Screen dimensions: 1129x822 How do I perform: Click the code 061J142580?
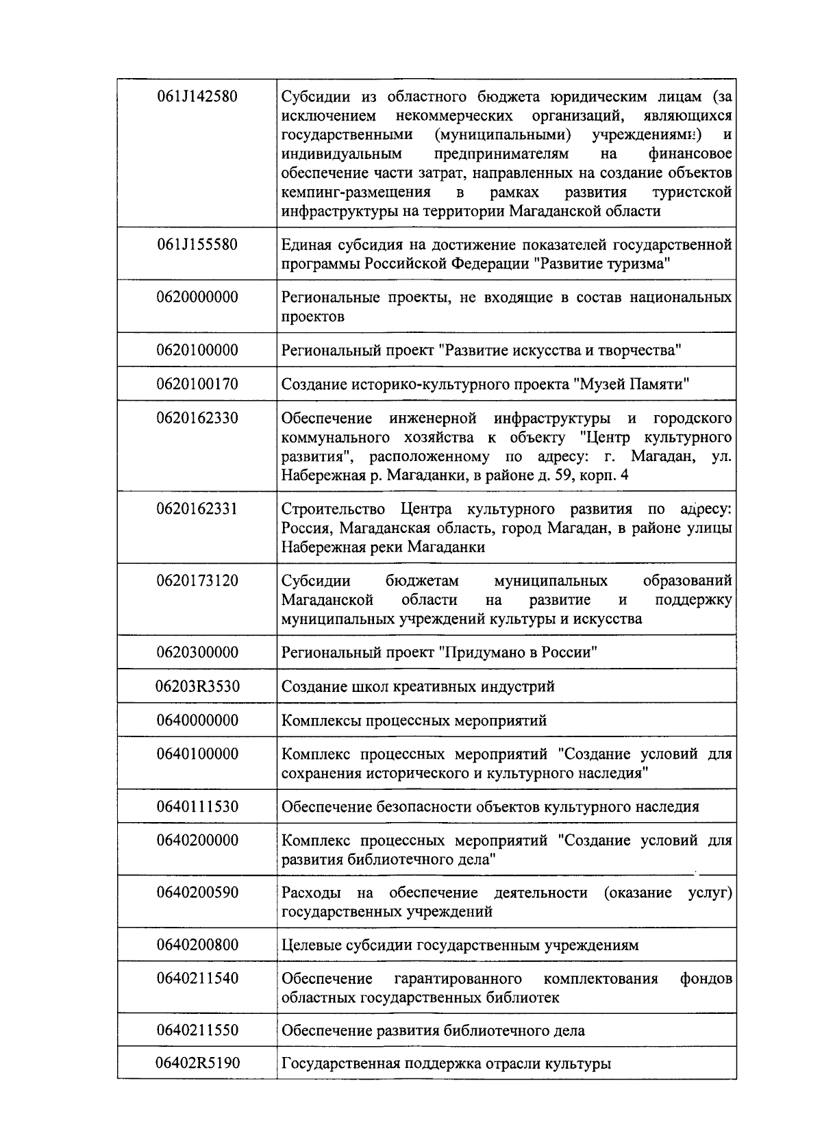point(197,97)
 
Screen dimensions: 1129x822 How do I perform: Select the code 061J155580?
point(197,245)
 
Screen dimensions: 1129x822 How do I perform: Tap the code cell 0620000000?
point(197,297)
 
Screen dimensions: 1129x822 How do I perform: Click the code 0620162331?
point(197,509)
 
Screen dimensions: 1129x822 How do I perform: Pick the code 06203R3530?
point(197,686)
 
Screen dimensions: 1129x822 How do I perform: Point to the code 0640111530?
point(197,806)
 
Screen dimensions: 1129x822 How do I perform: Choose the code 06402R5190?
point(197,1064)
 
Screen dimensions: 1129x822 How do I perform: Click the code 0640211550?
point(197,1030)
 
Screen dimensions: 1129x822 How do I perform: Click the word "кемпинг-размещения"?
point(356,192)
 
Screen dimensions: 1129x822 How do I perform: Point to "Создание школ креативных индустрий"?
point(418,686)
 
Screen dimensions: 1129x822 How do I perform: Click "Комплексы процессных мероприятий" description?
point(414,721)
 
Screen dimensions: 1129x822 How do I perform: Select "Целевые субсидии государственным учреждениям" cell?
point(460,945)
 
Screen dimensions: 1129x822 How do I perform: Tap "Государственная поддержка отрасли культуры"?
point(446,1064)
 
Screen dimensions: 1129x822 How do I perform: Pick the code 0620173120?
point(197,581)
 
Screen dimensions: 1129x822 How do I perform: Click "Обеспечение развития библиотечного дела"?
point(433,1030)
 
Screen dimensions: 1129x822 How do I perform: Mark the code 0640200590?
point(197,893)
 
